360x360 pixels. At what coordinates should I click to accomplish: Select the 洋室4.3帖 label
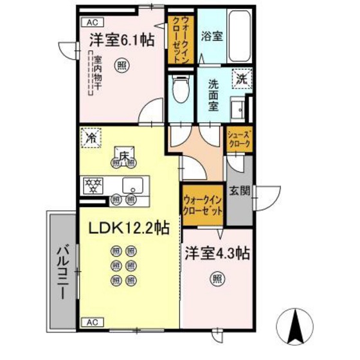coord(217,253)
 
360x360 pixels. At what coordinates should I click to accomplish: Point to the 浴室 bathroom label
coord(211,35)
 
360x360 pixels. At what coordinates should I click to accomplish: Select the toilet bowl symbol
coord(181,93)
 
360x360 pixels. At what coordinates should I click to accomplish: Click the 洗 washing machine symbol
coord(240,79)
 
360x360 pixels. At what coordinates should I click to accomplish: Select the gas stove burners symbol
coord(94,186)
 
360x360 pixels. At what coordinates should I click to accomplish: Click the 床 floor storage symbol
coord(123,154)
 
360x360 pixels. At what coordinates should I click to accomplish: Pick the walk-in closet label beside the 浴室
coord(177,40)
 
